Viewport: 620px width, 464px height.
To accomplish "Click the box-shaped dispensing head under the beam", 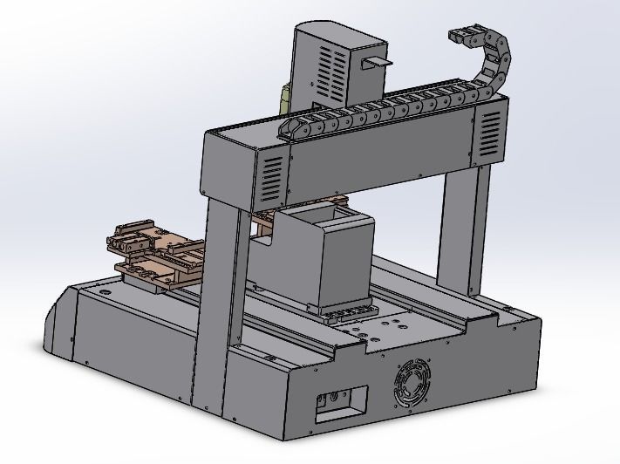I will [x=343, y=262].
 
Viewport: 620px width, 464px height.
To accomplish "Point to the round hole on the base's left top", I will [x=106, y=293].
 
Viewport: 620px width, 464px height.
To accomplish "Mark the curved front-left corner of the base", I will [x=58, y=323].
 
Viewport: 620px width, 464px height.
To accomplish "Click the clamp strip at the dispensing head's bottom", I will [x=349, y=310].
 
